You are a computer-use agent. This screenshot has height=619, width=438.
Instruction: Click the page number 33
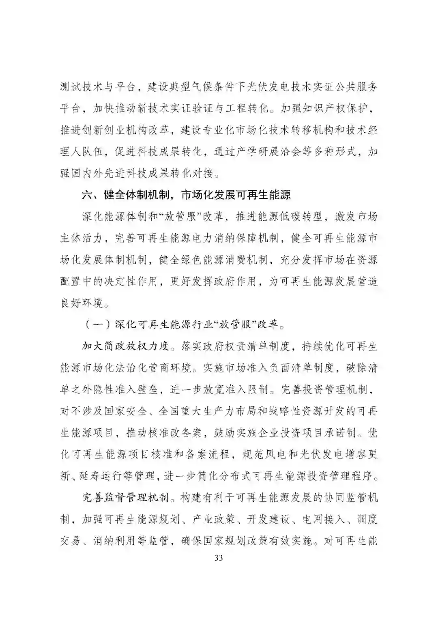(219, 558)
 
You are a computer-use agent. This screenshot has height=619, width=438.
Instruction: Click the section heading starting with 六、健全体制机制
(187, 195)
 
